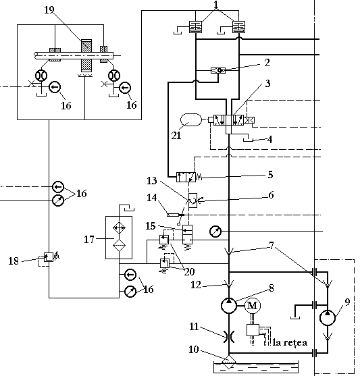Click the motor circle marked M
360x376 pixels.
(252, 306)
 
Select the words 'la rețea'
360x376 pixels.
(290, 342)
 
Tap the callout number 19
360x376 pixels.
(49, 10)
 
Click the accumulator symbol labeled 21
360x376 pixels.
(190, 120)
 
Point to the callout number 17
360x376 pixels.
(89, 240)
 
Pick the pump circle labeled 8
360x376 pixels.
(229, 306)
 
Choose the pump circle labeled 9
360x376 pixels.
(328, 317)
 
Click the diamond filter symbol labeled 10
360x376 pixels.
(229, 362)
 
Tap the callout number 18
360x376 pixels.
(14, 261)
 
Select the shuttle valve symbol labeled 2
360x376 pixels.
(218, 70)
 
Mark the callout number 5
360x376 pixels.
(270, 175)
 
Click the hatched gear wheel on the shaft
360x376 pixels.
(86, 55)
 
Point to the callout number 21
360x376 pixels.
(176, 136)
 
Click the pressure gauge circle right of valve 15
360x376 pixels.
(215, 232)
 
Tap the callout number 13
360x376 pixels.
(152, 180)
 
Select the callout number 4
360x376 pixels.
(269, 139)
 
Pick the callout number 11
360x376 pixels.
(194, 327)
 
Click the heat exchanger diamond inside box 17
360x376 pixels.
(120, 227)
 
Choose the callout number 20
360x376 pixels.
(189, 271)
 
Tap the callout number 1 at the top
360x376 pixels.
(216, 4)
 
